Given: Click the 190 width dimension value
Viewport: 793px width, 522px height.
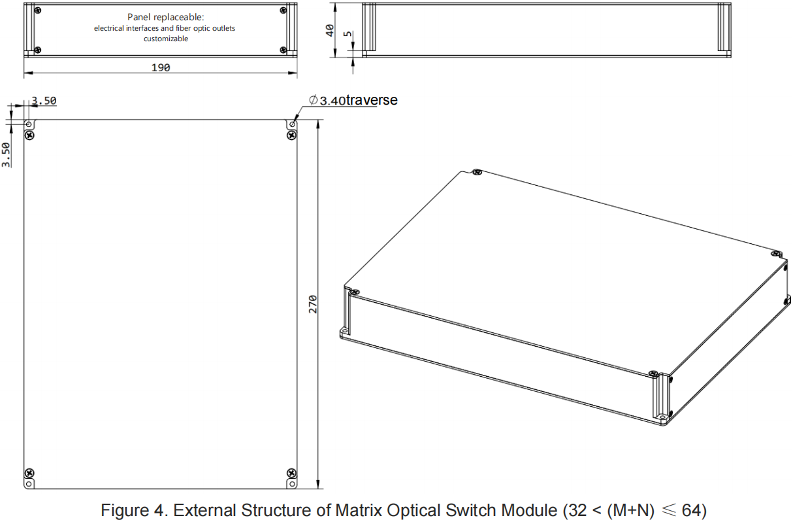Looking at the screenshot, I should tap(160, 67).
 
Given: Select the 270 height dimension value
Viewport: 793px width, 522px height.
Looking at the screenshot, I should tap(313, 304).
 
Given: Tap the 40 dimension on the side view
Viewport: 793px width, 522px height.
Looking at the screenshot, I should tap(330, 30).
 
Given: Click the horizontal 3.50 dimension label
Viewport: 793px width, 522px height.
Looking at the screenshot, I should tap(44, 101).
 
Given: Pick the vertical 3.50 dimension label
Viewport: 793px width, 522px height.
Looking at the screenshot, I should tap(7, 154).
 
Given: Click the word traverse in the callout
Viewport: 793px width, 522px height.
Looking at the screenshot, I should tap(371, 100).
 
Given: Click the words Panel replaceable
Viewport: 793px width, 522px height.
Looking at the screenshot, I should tap(166, 16).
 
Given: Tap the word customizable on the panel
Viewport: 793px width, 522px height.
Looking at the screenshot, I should tap(166, 39).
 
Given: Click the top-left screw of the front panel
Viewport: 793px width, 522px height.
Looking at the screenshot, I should tap(39, 10).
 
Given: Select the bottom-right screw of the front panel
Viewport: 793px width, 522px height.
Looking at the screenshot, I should tap(282, 50).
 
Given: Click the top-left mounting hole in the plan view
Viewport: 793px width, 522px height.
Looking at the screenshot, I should tap(29, 124).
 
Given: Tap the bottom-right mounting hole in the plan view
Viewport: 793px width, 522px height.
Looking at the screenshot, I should tap(291, 483).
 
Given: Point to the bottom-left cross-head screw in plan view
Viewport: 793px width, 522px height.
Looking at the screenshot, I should tap(29, 473).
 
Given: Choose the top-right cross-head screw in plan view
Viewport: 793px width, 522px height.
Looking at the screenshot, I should tap(291, 135).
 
